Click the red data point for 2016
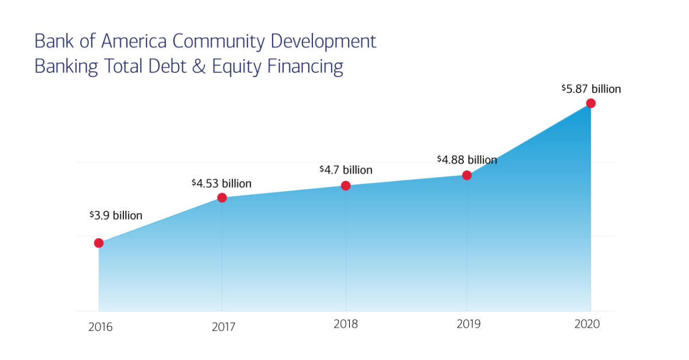[x=99, y=243]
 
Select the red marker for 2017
[x=222, y=198]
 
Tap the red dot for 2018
[x=346, y=185]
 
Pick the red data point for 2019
[x=467, y=175]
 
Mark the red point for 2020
[x=591, y=103]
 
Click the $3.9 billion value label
[x=116, y=216]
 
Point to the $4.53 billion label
[x=222, y=184]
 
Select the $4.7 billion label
[x=346, y=170]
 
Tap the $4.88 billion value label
[x=467, y=160]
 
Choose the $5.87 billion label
[x=591, y=89]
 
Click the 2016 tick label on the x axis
[x=100, y=327]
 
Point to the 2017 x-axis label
[x=223, y=327]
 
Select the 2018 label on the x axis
[x=346, y=324]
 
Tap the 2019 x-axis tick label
[x=469, y=324]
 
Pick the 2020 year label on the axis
[x=587, y=324]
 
